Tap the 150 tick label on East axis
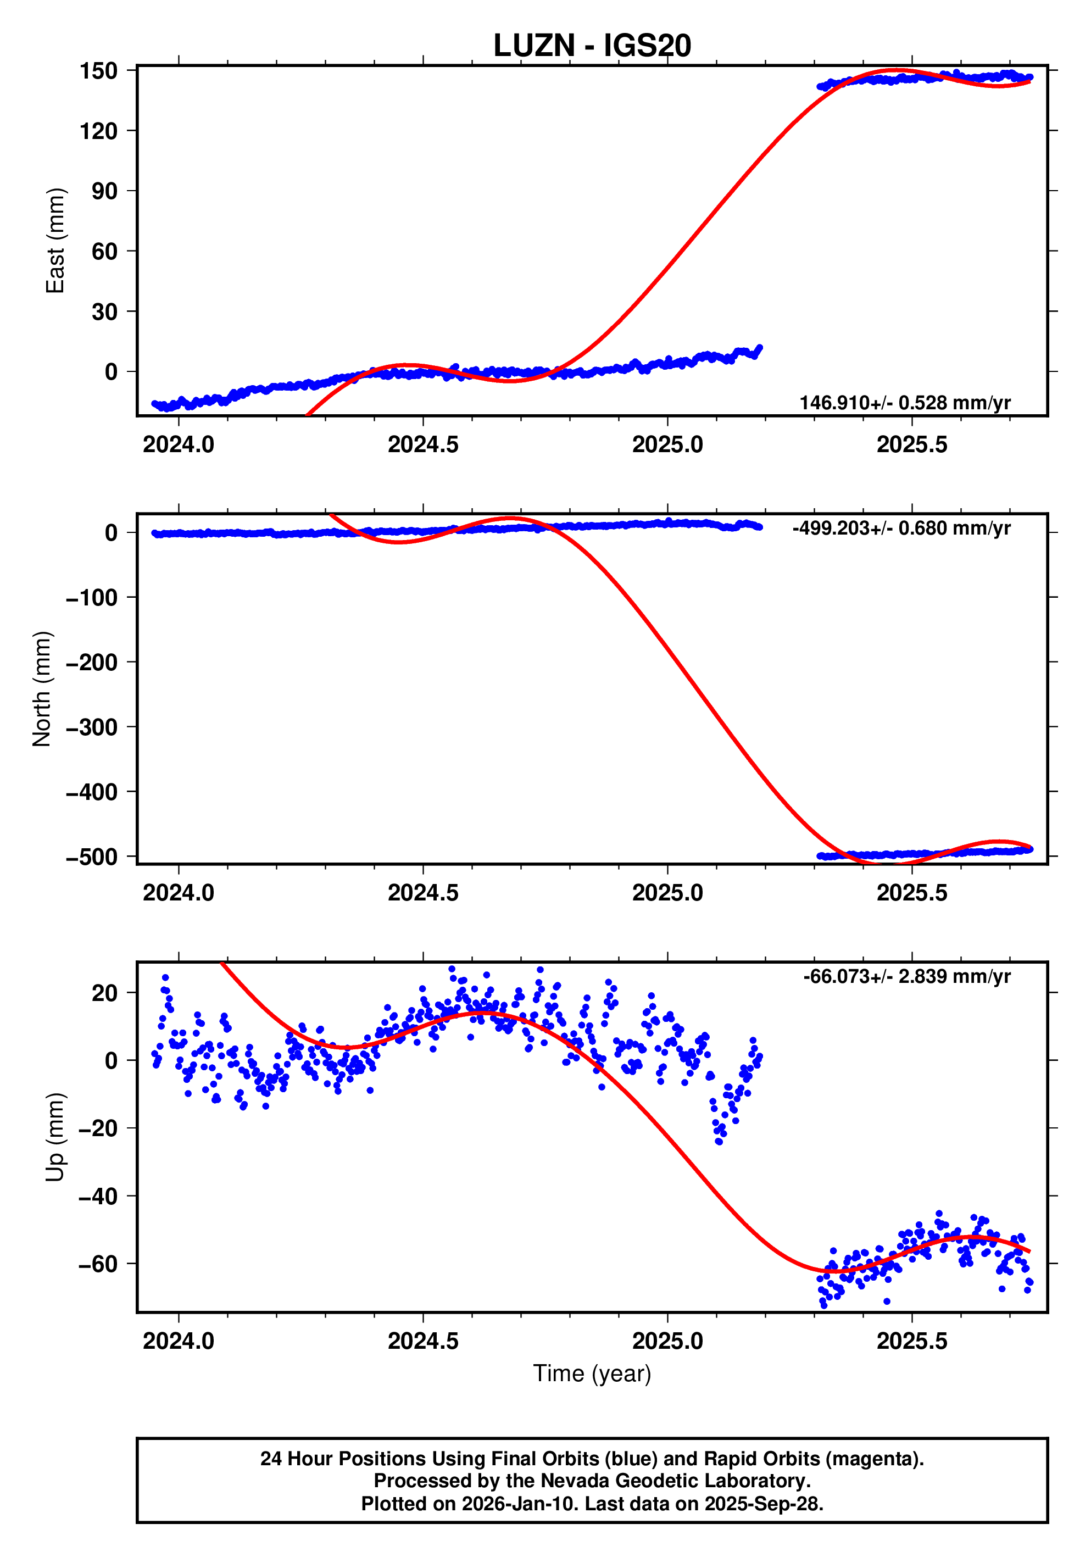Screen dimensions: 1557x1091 [x=98, y=70]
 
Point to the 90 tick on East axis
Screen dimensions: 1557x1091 [x=104, y=191]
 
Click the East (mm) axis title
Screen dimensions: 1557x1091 [x=55, y=241]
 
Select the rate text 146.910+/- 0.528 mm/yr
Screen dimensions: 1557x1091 [x=905, y=403]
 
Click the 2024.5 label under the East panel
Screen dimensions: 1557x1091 [x=422, y=445]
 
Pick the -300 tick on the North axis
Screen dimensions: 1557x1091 [x=92, y=727]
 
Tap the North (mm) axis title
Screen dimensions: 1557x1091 [x=42, y=688]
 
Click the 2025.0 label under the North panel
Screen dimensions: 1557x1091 [x=667, y=892]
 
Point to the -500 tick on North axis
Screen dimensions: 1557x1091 [x=92, y=857]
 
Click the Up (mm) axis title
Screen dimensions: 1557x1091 [x=55, y=1137]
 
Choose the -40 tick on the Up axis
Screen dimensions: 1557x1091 [x=98, y=1196]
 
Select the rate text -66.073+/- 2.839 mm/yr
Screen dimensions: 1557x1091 [x=906, y=976]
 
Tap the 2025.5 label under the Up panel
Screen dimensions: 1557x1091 [x=911, y=1341]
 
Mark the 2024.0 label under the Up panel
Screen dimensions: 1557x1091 [x=179, y=1341]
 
